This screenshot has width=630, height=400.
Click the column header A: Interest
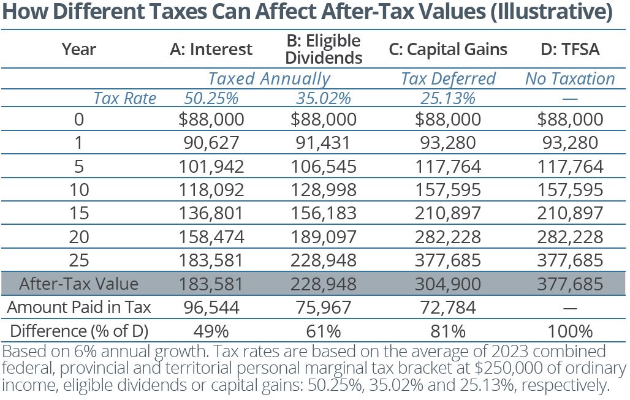tap(210, 50)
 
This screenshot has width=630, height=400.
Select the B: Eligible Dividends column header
tap(324, 49)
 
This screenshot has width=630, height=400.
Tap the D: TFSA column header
tap(570, 50)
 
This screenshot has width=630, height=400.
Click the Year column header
tap(79, 50)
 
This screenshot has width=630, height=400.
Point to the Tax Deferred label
tap(448, 79)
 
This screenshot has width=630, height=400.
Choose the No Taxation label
tap(570, 79)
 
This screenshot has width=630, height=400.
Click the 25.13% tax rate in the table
tap(448, 98)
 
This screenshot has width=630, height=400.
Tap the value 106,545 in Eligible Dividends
tap(324, 165)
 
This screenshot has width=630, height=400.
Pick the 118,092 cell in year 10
tap(210, 189)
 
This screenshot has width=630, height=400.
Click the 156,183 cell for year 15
tap(324, 213)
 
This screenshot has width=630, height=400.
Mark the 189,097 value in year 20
tap(324, 236)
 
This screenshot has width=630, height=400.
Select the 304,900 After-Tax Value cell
tap(448, 284)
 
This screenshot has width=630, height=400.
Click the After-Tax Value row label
tap(79, 284)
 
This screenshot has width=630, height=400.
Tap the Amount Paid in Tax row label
tap(79, 308)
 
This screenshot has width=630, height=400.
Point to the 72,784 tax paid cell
tap(448, 308)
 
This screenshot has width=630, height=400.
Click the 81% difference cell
tap(448, 331)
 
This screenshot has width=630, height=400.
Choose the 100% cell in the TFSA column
tap(570, 331)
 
